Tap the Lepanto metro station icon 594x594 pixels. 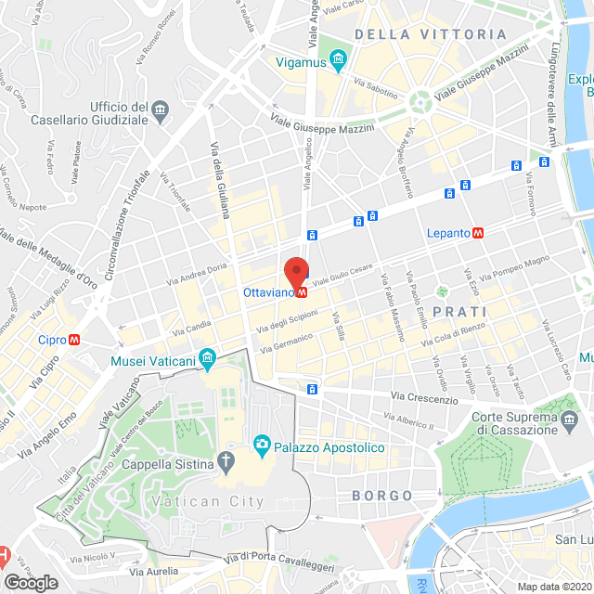point(479,233)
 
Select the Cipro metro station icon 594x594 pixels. point(73,339)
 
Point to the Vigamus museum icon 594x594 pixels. point(337,62)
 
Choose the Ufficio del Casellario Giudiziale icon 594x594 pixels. point(161,112)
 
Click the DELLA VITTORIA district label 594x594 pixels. point(431,34)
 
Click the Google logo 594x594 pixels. point(30,583)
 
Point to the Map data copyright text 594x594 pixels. point(553,586)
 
